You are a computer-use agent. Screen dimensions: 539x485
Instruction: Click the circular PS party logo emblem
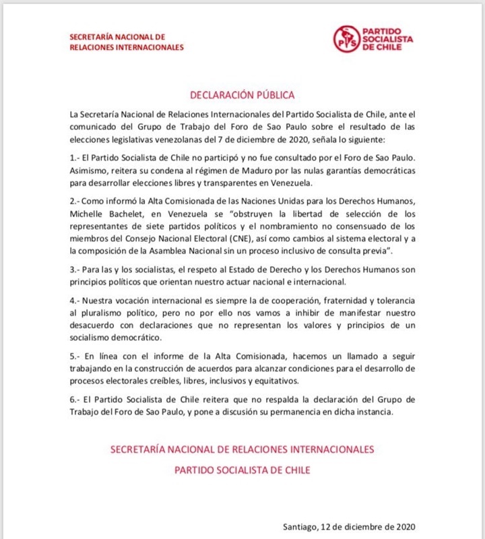(347, 39)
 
